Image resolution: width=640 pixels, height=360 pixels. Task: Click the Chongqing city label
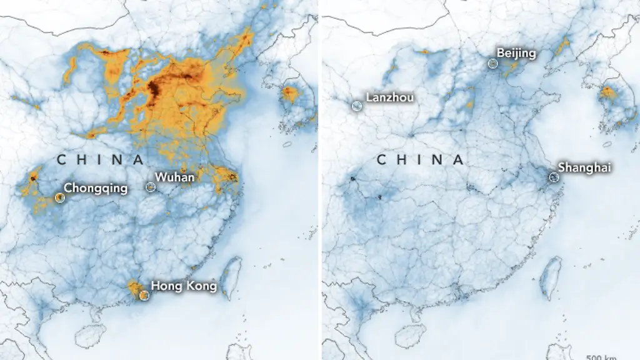coord(96,187)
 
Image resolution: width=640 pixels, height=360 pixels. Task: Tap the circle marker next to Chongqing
coord(59,197)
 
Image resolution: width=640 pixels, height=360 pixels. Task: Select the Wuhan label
coord(175,177)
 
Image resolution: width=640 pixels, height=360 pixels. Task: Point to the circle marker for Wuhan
coord(150,186)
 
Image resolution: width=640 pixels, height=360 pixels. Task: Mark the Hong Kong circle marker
coord(144,295)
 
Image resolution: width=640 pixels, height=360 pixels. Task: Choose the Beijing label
coord(516,53)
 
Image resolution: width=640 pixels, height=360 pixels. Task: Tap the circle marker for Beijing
coord(492,63)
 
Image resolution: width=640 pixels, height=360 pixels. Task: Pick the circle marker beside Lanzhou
coord(356,106)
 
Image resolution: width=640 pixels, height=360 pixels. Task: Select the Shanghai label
coord(584,167)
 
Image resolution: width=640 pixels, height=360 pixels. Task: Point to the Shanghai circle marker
coord(554,177)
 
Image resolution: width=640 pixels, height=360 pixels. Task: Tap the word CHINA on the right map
coord(420,161)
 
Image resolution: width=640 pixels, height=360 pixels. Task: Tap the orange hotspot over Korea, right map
coord(608,94)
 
